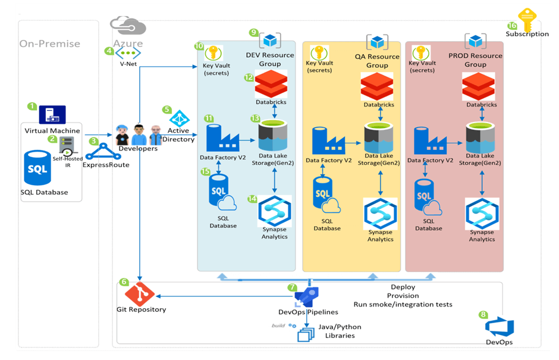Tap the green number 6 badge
124,281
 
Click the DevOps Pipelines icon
307,296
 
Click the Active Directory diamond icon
178,118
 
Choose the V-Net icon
128,52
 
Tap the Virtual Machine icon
52,115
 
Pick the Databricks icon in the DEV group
271,84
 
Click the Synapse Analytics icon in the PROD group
482,214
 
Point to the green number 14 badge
253,198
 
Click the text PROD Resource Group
475,60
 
